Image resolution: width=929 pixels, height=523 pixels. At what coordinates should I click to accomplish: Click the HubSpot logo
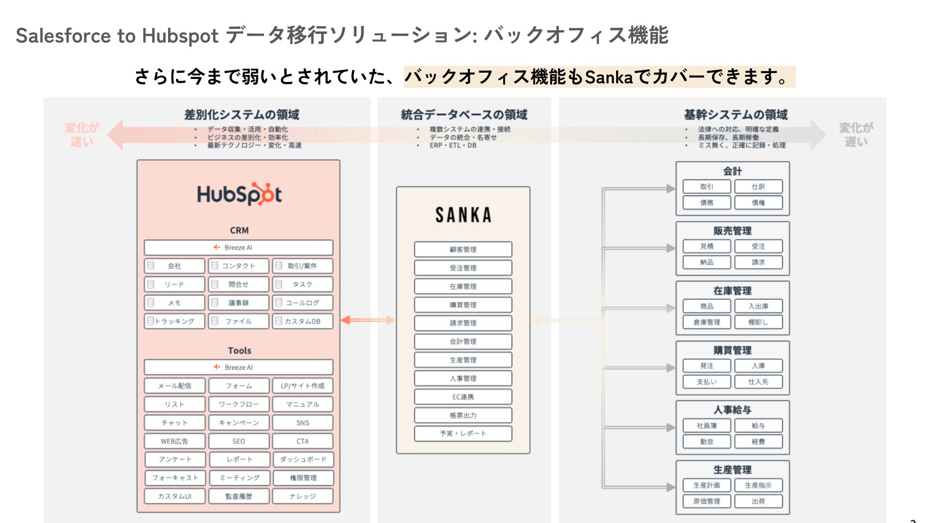click(x=239, y=194)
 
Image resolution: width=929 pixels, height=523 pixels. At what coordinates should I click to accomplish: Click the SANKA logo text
click(x=463, y=215)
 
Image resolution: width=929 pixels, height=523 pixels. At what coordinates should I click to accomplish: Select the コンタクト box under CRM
click(x=238, y=266)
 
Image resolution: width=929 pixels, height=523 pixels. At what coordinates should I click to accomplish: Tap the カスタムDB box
click(x=303, y=321)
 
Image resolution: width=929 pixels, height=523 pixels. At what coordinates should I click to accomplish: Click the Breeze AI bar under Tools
click(x=238, y=367)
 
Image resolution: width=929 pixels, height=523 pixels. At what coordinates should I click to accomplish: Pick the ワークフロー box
click(x=238, y=404)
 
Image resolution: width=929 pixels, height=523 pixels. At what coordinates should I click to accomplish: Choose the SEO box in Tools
click(x=238, y=441)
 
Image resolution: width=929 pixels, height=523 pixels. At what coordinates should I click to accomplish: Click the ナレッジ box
click(x=303, y=496)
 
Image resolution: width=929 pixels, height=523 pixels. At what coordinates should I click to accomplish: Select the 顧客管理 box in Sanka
click(x=463, y=249)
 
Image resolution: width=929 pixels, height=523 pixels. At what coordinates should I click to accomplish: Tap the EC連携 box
click(x=463, y=397)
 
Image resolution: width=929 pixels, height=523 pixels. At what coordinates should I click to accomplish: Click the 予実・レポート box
click(x=463, y=433)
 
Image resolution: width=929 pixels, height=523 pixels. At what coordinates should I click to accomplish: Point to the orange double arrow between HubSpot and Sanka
click(x=368, y=320)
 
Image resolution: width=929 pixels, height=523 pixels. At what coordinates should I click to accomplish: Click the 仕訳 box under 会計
click(x=758, y=186)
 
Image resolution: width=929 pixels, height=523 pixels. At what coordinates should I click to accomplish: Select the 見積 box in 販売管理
click(x=707, y=246)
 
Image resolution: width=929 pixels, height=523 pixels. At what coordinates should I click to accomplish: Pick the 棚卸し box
click(x=758, y=322)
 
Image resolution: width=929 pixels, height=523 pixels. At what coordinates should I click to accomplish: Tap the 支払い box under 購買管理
click(x=707, y=382)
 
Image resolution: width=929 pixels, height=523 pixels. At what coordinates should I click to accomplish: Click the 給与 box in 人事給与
click(x=758, y=426)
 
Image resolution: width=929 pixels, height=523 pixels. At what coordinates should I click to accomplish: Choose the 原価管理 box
click(x=707, y=501)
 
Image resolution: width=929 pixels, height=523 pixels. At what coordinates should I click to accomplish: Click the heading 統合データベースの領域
click(x=464, y=115)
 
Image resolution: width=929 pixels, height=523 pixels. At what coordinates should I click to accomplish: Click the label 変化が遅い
click(x=856, y=135)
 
